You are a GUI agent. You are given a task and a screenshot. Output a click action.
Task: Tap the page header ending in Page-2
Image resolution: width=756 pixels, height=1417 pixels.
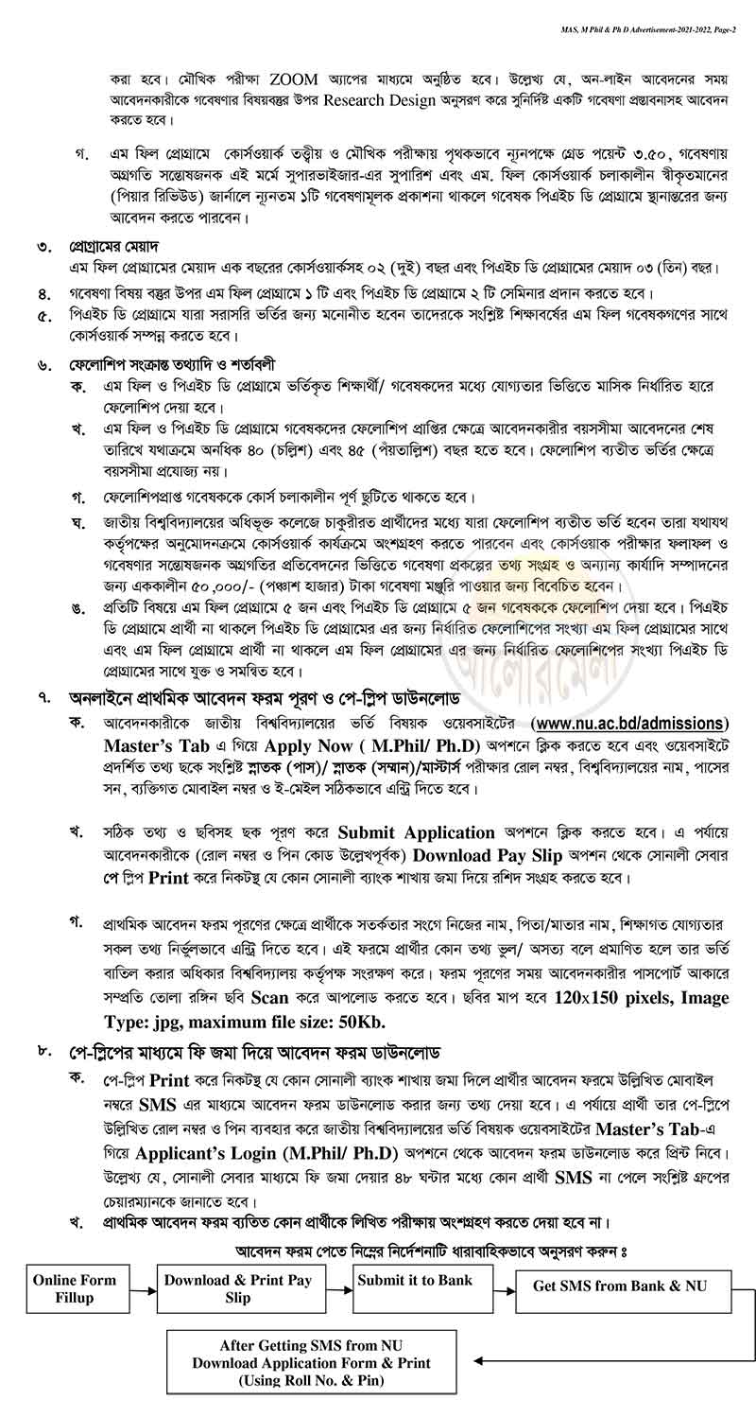tap(643, 8)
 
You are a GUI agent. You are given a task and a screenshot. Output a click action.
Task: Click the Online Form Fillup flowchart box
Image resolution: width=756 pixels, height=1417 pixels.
tap(75, 1288)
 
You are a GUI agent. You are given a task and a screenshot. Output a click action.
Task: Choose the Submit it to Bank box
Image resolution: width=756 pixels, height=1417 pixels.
tap(415, 1283)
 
